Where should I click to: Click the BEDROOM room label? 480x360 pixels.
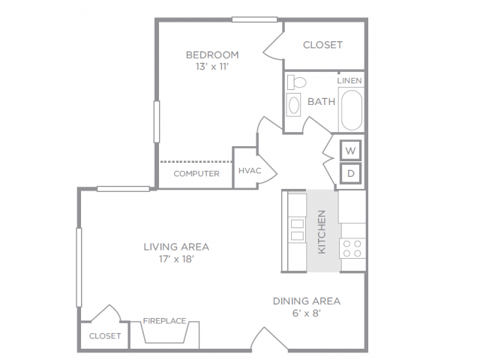212,55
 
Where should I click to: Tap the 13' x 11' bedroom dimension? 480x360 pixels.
212,67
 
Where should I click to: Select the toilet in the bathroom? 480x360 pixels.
297,82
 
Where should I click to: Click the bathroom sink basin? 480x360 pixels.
294,105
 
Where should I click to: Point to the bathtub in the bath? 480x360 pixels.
352,110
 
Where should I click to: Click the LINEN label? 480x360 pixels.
349,81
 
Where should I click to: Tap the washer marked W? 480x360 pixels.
351,150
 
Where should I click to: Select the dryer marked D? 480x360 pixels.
351,173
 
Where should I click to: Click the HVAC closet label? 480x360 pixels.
250,171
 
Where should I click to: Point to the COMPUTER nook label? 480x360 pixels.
196,174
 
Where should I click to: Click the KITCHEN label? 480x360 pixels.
322,232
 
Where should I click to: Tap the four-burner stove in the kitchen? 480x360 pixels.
352,248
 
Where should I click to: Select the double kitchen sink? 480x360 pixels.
297,229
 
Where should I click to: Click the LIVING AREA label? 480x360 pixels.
176,247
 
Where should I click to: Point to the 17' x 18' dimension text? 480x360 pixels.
176,259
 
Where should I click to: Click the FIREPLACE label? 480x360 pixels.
165,321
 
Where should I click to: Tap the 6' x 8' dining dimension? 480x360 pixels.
307,313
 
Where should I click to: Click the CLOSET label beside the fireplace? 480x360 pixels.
105,336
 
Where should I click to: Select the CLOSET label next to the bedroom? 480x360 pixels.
322,45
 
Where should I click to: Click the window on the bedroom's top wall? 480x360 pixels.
254,19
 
